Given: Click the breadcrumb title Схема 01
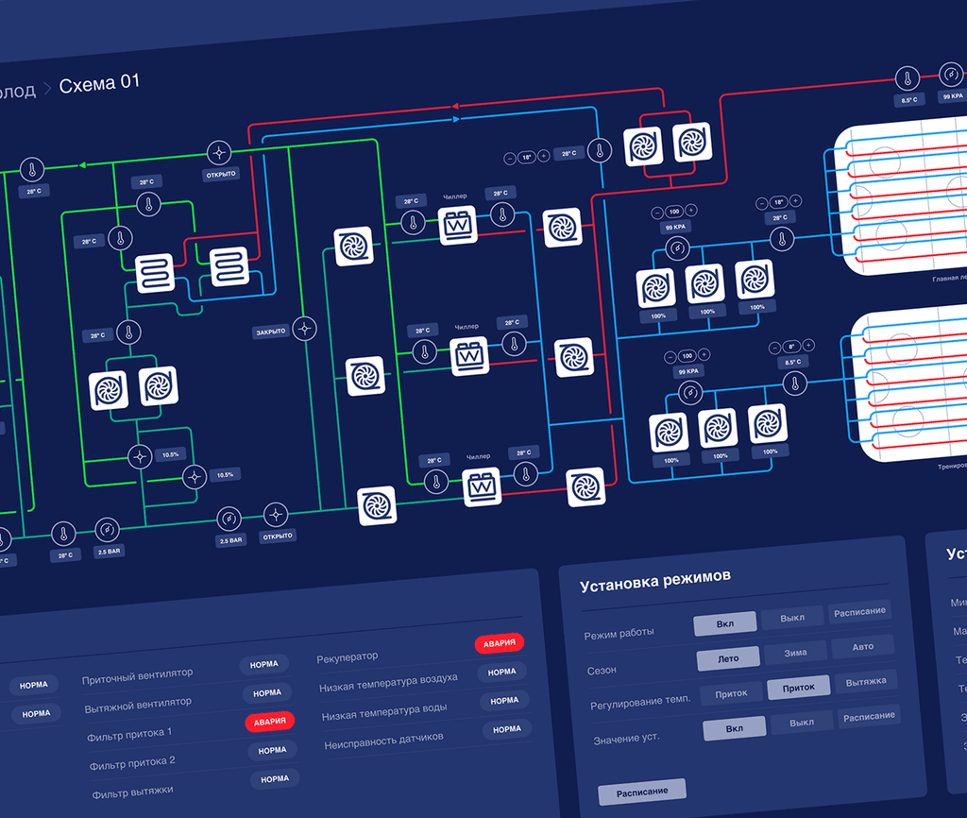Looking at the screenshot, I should tap(99, 84).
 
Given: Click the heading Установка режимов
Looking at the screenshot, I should tap(655, 578).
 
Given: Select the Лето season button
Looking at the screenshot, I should tap(728, 658).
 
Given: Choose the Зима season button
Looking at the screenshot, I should tap(795, 653).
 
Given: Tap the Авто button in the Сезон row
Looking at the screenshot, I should tap(862, 648).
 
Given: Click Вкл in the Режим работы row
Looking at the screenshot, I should tap(724, 624).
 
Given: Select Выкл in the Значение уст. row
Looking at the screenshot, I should tap(801, 723).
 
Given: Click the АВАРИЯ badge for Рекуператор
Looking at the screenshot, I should tap(499, 643).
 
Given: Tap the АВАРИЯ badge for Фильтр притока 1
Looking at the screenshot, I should tap(269, 722).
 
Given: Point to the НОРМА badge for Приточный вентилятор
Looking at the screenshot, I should tap(264, 665).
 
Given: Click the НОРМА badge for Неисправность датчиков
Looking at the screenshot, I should tap(507, 729).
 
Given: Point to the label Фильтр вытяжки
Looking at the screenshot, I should tap(132, 792).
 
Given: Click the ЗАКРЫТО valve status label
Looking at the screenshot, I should tap(269, 332).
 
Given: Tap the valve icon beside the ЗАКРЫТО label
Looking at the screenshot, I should tap(305, 329).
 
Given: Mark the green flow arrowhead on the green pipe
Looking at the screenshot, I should tap(82, 165).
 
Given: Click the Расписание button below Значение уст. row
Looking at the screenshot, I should tap(642, 791).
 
